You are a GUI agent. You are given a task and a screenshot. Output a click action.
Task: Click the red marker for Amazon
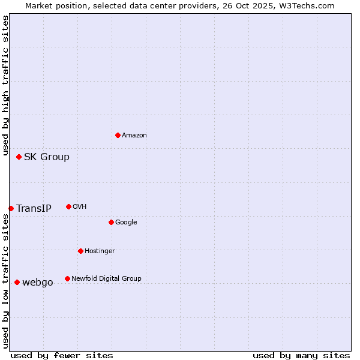pos(118,135)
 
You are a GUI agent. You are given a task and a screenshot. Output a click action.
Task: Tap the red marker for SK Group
pos(19,157)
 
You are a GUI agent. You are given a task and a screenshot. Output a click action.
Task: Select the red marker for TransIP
pos(11,208)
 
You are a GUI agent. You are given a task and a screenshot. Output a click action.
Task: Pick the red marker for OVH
pos(68,206)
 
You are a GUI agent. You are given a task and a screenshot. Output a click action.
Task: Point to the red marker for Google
pos(111,222)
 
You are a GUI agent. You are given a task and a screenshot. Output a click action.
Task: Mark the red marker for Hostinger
pos(80,251)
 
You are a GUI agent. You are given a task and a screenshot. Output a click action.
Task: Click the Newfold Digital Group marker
pos(67,278)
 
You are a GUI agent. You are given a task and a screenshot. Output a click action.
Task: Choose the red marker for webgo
pos(17,282)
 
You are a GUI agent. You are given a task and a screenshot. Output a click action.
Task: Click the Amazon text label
pos(134,135)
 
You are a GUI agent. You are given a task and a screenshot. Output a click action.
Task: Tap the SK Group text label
pos(46,157)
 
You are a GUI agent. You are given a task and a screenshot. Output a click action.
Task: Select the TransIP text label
pos(34,209)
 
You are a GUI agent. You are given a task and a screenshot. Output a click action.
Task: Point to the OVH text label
pos(79,206)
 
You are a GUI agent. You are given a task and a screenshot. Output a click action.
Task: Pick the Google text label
pos(126,222)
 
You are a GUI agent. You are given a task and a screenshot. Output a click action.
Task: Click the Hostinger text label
pos(100,251)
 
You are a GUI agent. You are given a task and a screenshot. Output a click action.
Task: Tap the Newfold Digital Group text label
pos(106,278)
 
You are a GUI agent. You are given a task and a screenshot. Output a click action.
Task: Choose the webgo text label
pos(37,283)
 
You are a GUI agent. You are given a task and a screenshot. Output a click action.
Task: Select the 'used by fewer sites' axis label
pos(62,355)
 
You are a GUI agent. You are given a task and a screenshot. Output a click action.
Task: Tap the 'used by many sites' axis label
pos(301,355)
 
